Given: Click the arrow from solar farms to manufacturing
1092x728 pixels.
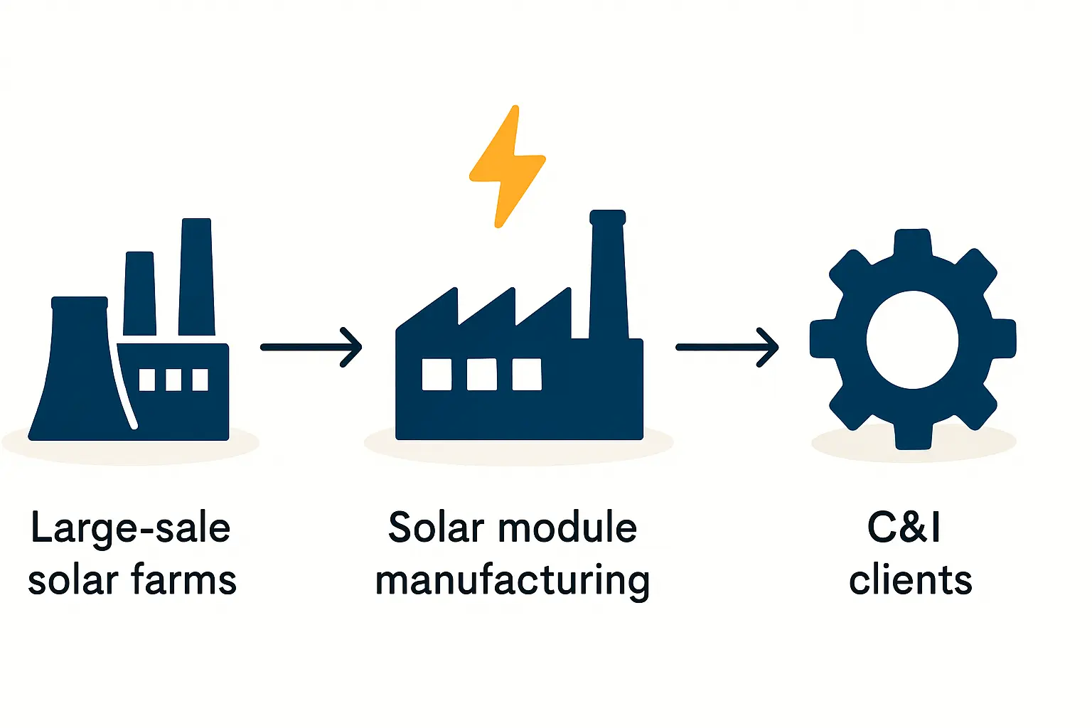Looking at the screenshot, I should [311, 347].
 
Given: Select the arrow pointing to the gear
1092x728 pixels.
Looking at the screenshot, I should [727, 347].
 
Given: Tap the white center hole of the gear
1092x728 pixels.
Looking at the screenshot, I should [913, 340].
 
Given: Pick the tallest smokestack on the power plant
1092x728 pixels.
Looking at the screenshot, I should [196, 277].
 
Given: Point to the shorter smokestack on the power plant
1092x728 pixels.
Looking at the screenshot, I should [139, 293].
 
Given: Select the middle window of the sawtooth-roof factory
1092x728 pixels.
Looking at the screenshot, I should [481, 374].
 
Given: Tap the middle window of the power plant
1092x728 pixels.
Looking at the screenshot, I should [173, 380].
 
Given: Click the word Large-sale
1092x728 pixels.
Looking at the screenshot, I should [131, 528].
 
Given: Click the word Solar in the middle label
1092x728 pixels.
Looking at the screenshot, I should [436, 528].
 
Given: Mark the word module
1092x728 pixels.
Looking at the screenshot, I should [567, 528].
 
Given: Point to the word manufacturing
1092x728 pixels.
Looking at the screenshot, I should [512, 581].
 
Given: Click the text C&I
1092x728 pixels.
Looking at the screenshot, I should [904, 528].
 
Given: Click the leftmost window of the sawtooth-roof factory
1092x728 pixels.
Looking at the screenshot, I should [437, 374].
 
